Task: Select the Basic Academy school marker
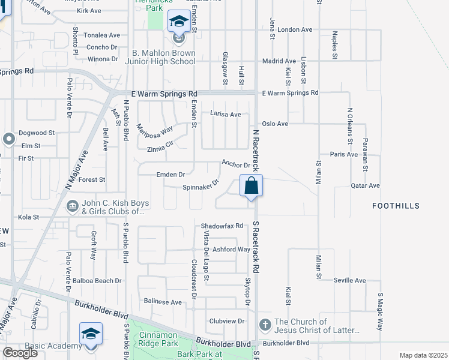pos(91,334)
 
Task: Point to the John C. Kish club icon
pos(71,206)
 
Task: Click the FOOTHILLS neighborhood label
pos(395,206)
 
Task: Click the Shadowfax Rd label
pos(221,226)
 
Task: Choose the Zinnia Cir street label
pos(155,148)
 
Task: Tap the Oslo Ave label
pos(276,124)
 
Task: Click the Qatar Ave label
pos(365,186)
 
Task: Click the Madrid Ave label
pos(279,61)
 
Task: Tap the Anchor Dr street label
pos(235,164)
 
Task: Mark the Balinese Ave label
pos(161,302)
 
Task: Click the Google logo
pos(20,353)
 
